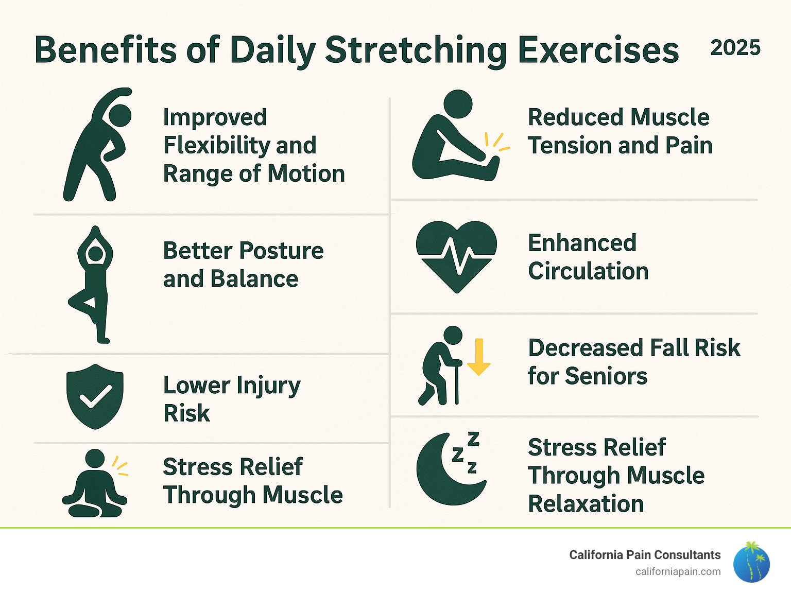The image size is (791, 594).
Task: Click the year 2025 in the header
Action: [735, 47]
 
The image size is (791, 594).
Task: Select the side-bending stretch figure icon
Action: [98, 144]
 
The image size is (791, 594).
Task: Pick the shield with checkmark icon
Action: [95, 396]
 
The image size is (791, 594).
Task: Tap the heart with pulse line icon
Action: [457, 257]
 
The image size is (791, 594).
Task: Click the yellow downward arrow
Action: [478, 357]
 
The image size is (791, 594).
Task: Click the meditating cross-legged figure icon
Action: [95, 483]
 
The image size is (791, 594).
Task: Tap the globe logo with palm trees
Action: [751, 562]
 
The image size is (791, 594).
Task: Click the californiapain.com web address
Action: [678, 572]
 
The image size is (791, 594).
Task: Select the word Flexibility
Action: [216, 146]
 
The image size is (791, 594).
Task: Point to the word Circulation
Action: [588, 271]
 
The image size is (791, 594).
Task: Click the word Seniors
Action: [606, 376]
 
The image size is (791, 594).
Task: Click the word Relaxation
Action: [586, 503]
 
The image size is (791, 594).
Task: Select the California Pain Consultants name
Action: [645, 555]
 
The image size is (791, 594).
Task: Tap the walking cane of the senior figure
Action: [457, 383]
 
